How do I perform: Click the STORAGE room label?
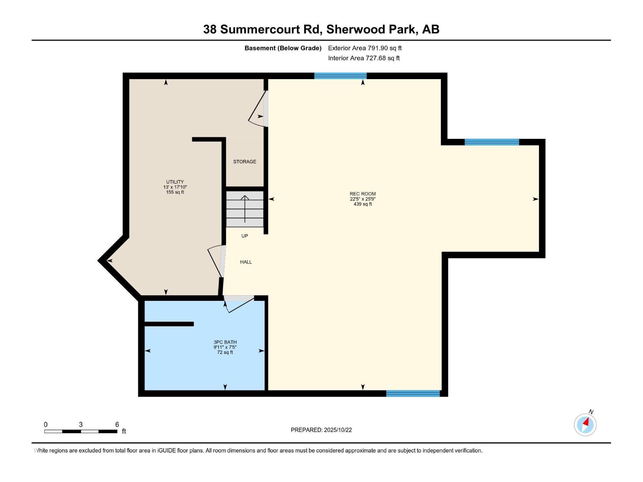coord(244,161)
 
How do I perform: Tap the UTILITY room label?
coord(175,182)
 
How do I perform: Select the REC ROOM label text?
coord(362,194)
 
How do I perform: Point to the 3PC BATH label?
coord(225,342)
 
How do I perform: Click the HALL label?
coord(246,262)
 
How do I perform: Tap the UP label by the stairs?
coord(245,236)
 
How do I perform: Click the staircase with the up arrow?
coord(245,209)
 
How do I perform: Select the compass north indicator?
coord(585,424)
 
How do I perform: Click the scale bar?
coord(81,431)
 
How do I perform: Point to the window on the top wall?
coord(340,76)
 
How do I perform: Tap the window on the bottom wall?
coord(413,394)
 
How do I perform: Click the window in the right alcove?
coord(491,142)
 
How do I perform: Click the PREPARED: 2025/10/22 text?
coord(321,430)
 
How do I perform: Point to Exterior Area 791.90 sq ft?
coord(365,48)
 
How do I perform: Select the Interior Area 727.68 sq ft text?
coord(364,58)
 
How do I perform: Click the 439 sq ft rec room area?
coord(362,204)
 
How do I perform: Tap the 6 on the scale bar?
coord(117,425)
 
